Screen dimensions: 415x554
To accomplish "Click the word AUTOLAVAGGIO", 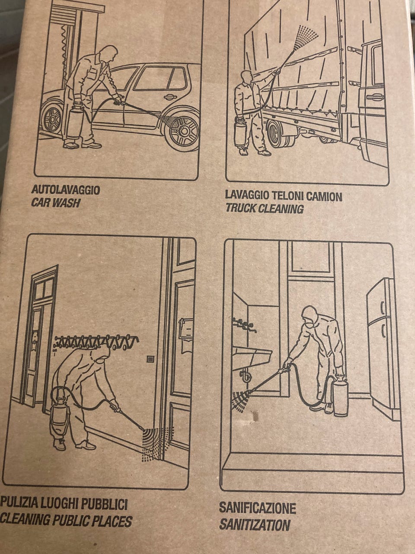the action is click(66, 190).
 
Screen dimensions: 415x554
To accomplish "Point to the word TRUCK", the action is click(241, 209).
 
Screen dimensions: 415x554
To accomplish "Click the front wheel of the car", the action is click(183, 132).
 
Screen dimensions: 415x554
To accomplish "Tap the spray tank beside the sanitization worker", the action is click(340, 397).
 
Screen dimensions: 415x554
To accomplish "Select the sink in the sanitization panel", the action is click(252, 356).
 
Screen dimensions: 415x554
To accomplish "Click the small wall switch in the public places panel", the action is click(150, 358).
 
